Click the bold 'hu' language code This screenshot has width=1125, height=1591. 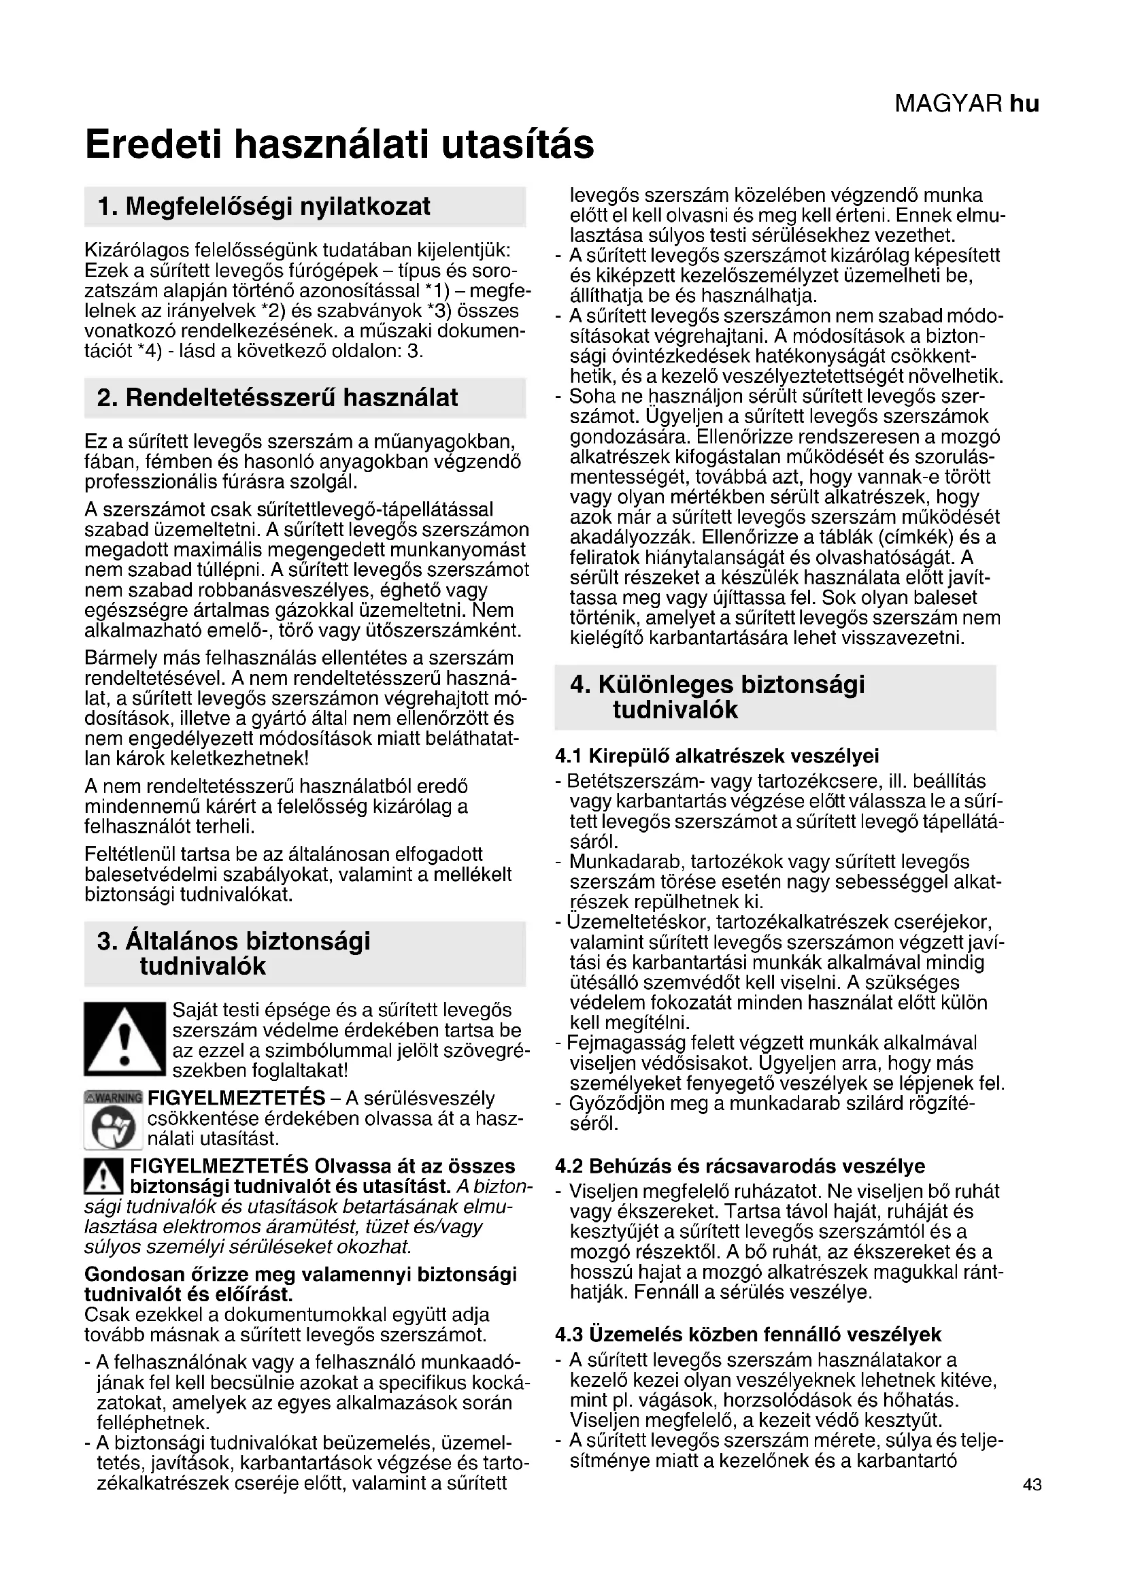[1024, 104]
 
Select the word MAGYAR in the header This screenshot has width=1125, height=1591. [948, 104]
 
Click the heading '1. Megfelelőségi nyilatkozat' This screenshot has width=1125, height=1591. [264, 207]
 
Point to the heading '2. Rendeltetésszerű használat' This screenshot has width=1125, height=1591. [278, 398]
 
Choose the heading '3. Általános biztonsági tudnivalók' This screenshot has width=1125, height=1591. [234, 954]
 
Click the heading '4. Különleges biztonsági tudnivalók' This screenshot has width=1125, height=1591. [717, 697]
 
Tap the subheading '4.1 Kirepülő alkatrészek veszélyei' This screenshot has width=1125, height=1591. [717, 755]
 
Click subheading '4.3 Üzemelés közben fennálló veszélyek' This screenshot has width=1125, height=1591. [748, 1335]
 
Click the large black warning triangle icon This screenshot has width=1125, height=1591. [124, 1039]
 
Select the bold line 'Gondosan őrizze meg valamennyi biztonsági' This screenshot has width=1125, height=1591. [301, 1275]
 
